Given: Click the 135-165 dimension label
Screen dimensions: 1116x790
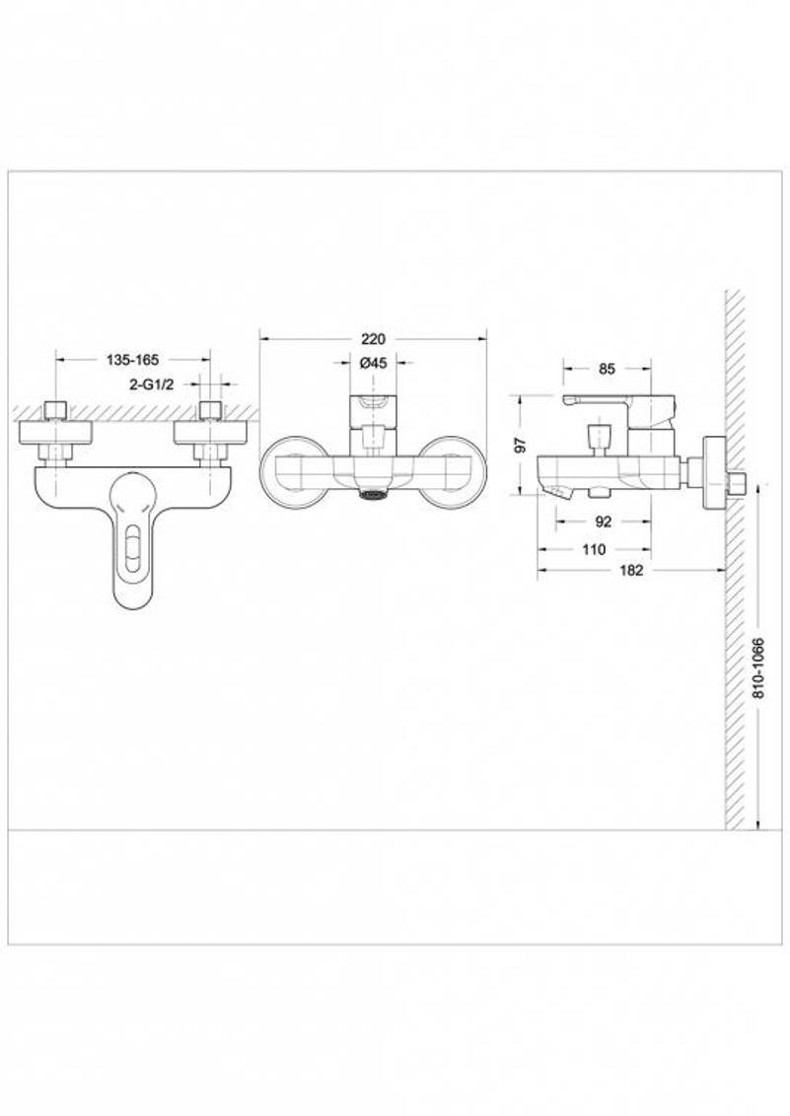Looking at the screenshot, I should click(x=132, y=360).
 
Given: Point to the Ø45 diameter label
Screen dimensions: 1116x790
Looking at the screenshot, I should click(x=373, y=363).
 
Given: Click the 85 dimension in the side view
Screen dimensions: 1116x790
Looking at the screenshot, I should click(x=607, y=369).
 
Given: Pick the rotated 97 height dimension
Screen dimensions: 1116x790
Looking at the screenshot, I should click(x=521, y=444).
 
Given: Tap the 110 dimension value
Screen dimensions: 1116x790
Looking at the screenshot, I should click(x=594, y=549).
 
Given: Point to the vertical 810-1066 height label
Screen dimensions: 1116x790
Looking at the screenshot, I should click(x=758, y=667).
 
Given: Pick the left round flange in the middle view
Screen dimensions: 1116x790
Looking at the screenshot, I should click(x=293, y=470).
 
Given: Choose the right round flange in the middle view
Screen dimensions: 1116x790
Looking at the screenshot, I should click(x=453, y=470).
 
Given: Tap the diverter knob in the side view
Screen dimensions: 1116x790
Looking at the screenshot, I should click(x=599, y=435).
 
